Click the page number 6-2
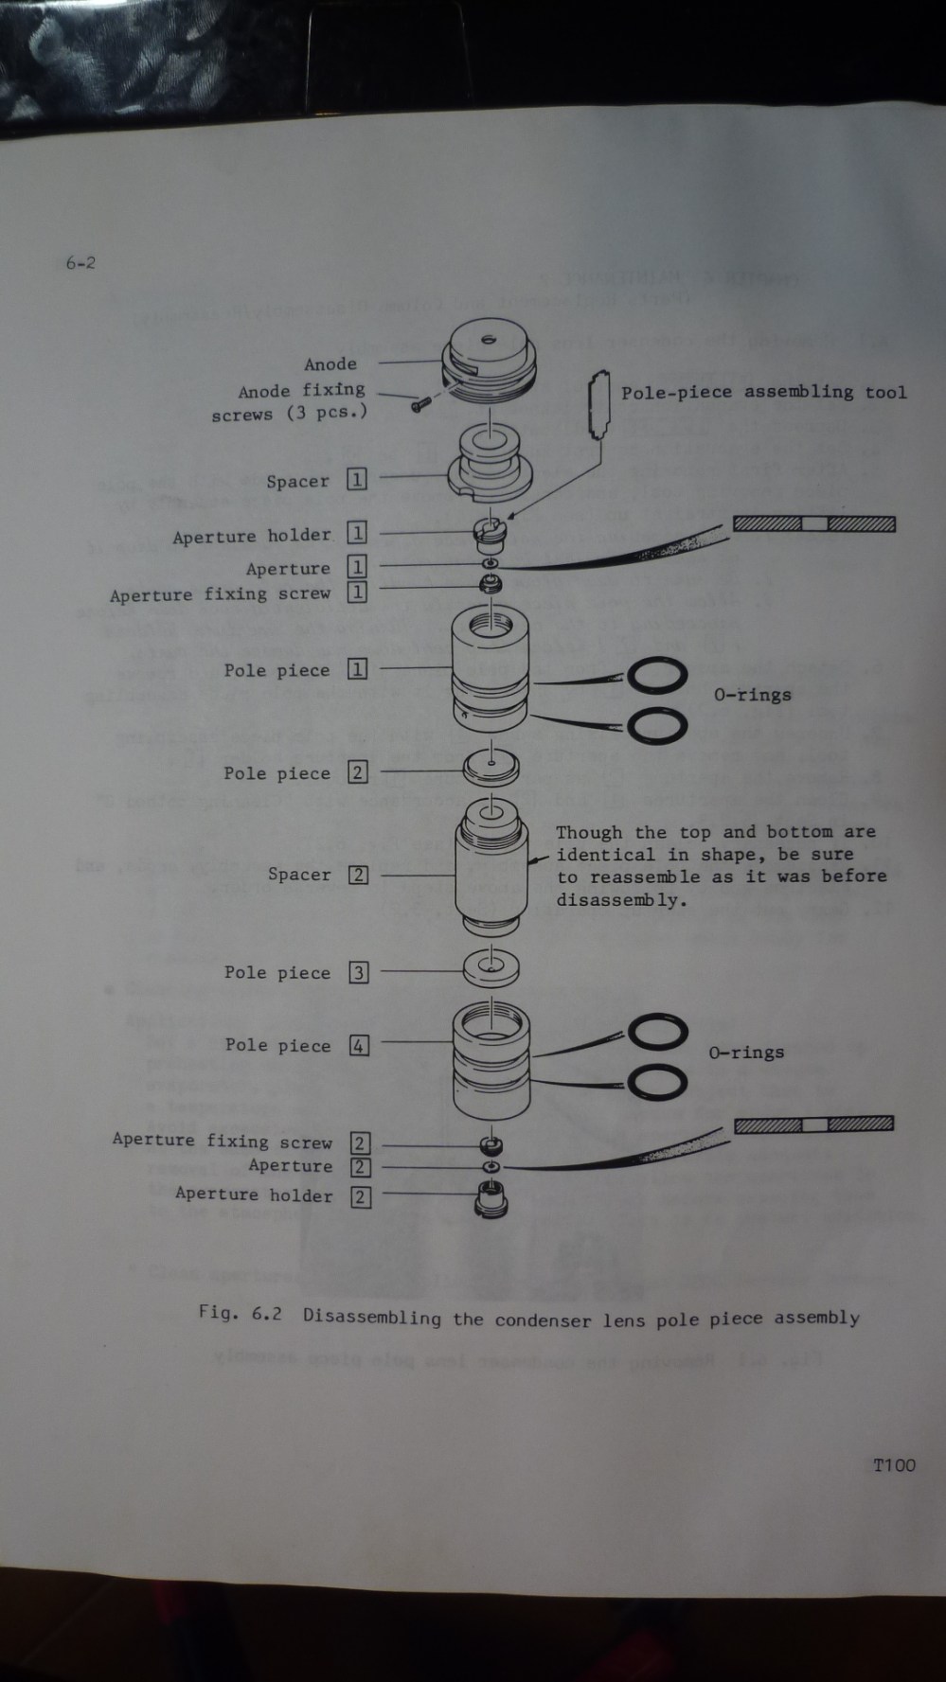click(x=80, y=263)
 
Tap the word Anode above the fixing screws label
click(x=330, y=364)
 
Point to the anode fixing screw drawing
click(x=419, y=405)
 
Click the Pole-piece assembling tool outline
click(x=598, y=405)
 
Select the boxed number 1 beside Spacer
click(x=357, y=480)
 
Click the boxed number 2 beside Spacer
click(x=358, y=875)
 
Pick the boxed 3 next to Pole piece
click(x=358, y=972)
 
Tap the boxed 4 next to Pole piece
click(x=359, y=1046)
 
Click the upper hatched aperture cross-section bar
click(x=813, y=524)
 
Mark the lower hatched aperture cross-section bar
click(x=813, y=1124)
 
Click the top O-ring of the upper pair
click(x=657, y=676)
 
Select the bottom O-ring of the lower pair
click(x=657, y=1081)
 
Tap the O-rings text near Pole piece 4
click(x=746, y=1053)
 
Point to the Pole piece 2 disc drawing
click(x=491, y=767)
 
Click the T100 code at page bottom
click(x=894, y=1465)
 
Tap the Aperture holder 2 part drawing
click(x=491, y=1200)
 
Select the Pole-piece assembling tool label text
click(x=763, y=392)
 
